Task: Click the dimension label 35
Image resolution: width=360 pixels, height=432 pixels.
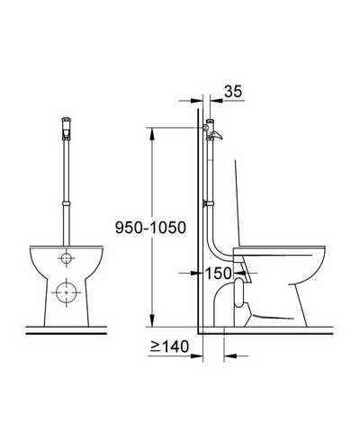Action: click(x=233, y=91)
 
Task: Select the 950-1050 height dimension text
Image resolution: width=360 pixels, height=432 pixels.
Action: click(x=150, y=228)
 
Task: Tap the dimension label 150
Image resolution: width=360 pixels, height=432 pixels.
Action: click(x=218, y=273)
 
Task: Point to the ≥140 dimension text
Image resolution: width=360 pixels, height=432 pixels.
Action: click(x=170, y=346)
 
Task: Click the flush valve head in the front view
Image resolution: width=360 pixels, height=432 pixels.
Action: click(x=66, y=128)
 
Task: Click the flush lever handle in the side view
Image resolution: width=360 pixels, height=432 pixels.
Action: click(x=217, y=136)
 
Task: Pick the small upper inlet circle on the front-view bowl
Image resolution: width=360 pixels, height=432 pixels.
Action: click(x=66, y=257)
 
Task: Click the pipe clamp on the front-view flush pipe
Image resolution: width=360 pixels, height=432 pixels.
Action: click(x=66, y=203)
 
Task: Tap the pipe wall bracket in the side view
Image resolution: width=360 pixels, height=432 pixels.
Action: click(x=208, y=203)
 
